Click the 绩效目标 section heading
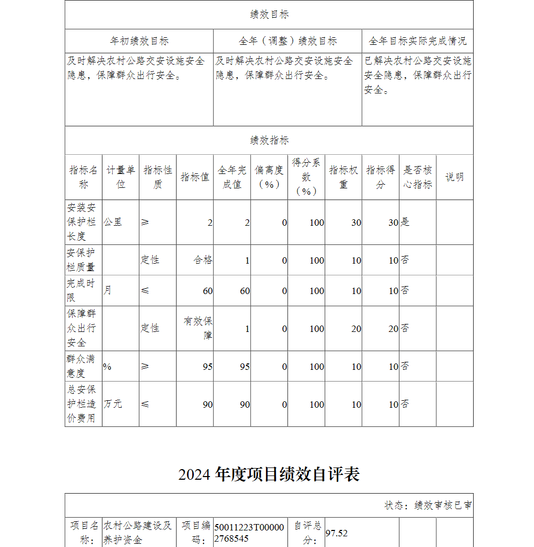click(x=269, y=15)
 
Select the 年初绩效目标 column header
click(x=139, y=41)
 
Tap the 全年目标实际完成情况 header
click(x=418, y=41)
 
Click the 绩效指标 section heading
click(x=269, y=140)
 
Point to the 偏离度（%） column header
click(x=269, y=177)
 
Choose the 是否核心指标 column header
click(x=418, y=177)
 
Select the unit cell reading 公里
click(x=113, y=222)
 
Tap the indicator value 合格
click(x=203, y=260)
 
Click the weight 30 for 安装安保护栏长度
click(x=356, y=223)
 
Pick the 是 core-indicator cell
click(x=405, y=222)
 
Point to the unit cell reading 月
click(x=108, y=290)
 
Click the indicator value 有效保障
click(x=198, y=328)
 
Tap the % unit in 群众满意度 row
click(x=107, y=367)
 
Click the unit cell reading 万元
click(x=113, y=404)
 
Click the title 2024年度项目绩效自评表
click(x=269, y=474)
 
